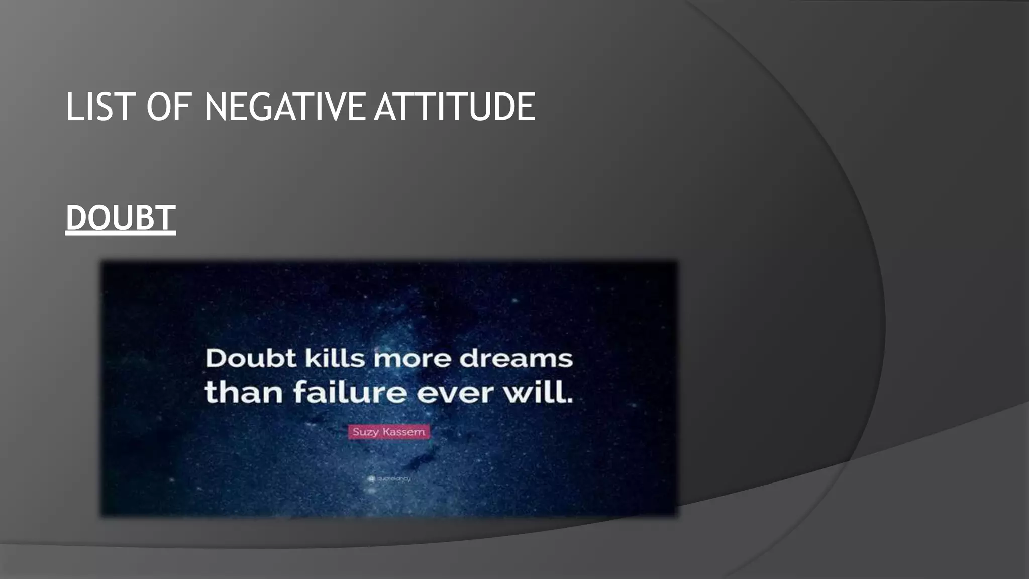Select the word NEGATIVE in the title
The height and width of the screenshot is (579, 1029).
point(284,107)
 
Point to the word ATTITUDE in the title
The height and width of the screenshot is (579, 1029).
point(455,107)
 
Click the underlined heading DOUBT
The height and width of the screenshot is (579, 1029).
point(121,218)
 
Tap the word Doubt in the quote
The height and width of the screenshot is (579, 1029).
point(251,359)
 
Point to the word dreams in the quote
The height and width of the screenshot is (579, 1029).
point(516,359)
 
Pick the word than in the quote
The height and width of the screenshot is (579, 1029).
point(244,393)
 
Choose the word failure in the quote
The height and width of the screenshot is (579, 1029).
point(350,393)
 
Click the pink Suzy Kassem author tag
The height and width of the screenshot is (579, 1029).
point(389,432)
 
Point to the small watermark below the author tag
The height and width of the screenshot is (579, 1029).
point(390,479)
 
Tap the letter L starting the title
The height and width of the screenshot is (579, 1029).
point(72,107)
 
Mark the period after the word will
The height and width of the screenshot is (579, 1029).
point(570,401)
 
